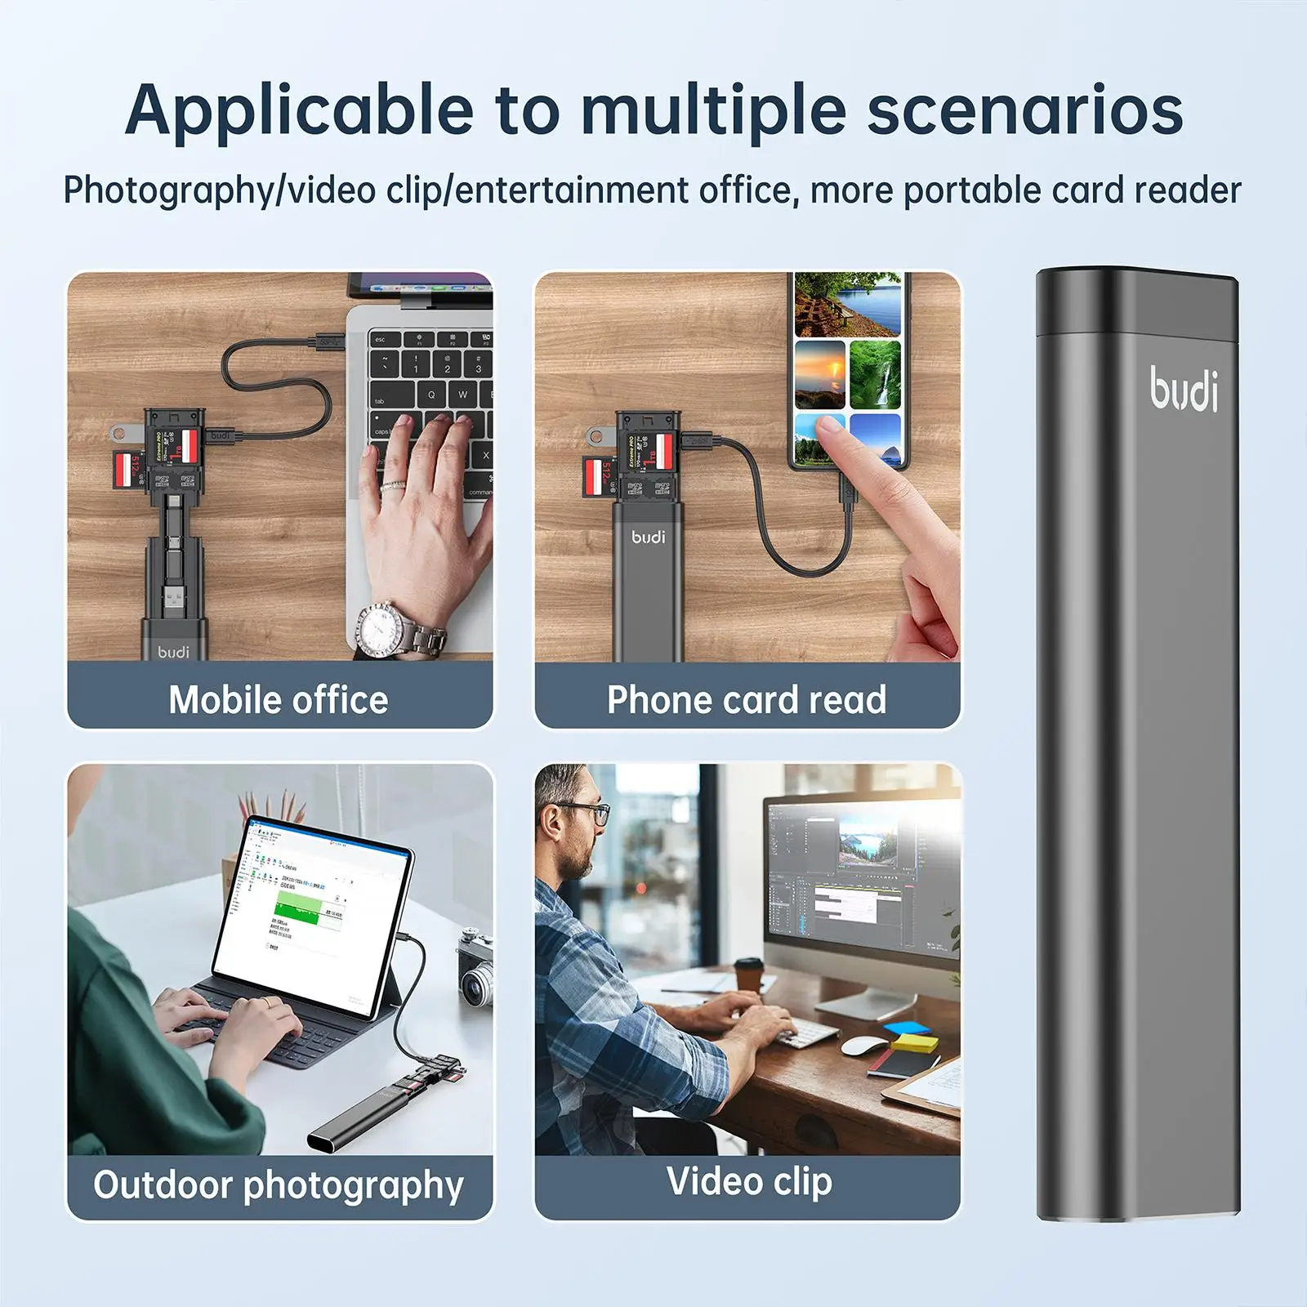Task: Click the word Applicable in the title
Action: [x=299, y=110]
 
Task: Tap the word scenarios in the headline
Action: [x=1024, y=110]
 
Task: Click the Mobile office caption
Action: [x=279, y=700]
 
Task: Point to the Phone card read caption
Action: [x=747, y=700]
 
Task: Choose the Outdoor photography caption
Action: [x=279, y=1185]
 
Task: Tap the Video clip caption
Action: [x=749, y=1181]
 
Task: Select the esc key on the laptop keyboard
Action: [x=381, y=338]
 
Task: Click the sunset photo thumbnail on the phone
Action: [x=819, y=372]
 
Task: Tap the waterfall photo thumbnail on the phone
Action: [x=875, y=373]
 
